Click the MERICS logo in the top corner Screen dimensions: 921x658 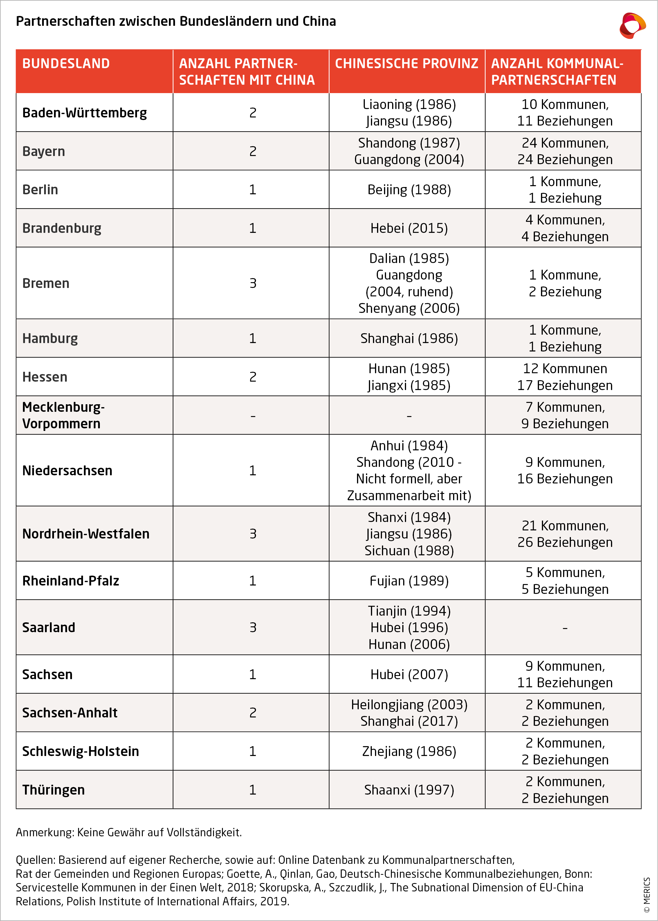632,26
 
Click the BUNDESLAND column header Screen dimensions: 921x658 66,64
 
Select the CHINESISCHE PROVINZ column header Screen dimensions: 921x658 406,64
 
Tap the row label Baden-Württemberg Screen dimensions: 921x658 84,113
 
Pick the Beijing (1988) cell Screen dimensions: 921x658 409,189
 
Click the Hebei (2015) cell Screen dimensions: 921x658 409,228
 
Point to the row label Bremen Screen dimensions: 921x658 46,283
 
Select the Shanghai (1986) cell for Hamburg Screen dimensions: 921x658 409,338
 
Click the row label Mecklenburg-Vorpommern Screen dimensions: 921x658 63,415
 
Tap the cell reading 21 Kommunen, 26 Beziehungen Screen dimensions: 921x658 565,534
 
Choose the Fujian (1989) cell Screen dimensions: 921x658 409,581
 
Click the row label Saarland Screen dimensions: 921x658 49,627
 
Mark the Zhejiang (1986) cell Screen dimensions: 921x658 409,751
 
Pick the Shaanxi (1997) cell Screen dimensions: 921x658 409,789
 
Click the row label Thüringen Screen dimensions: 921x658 53,789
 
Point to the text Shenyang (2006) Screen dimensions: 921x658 409,308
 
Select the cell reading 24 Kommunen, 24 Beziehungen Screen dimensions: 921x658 565,151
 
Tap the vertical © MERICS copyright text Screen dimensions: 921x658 647,895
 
